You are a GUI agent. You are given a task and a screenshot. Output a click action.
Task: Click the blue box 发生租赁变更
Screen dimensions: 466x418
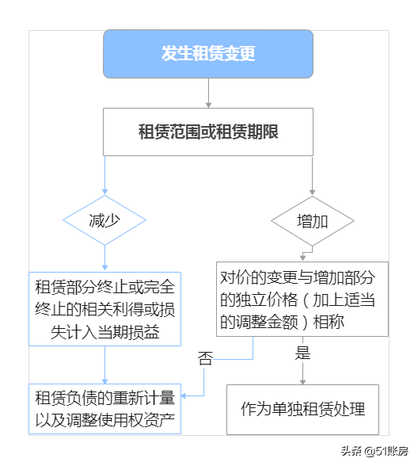coord(208,54)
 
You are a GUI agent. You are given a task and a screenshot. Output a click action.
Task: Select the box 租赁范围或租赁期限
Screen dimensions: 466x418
coord(208,132)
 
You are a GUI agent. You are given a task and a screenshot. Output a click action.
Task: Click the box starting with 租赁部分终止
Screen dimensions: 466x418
coord(104,309)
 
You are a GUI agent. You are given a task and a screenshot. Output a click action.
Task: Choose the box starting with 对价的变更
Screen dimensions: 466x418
coord(302,300)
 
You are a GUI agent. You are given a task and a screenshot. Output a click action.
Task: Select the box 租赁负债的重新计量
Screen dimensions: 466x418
coord(104,408)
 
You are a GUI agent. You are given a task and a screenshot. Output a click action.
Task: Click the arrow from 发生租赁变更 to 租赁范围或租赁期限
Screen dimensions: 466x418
coord(208,94)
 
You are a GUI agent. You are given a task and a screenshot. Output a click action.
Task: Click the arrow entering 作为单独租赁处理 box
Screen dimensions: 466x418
coord(302,372)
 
